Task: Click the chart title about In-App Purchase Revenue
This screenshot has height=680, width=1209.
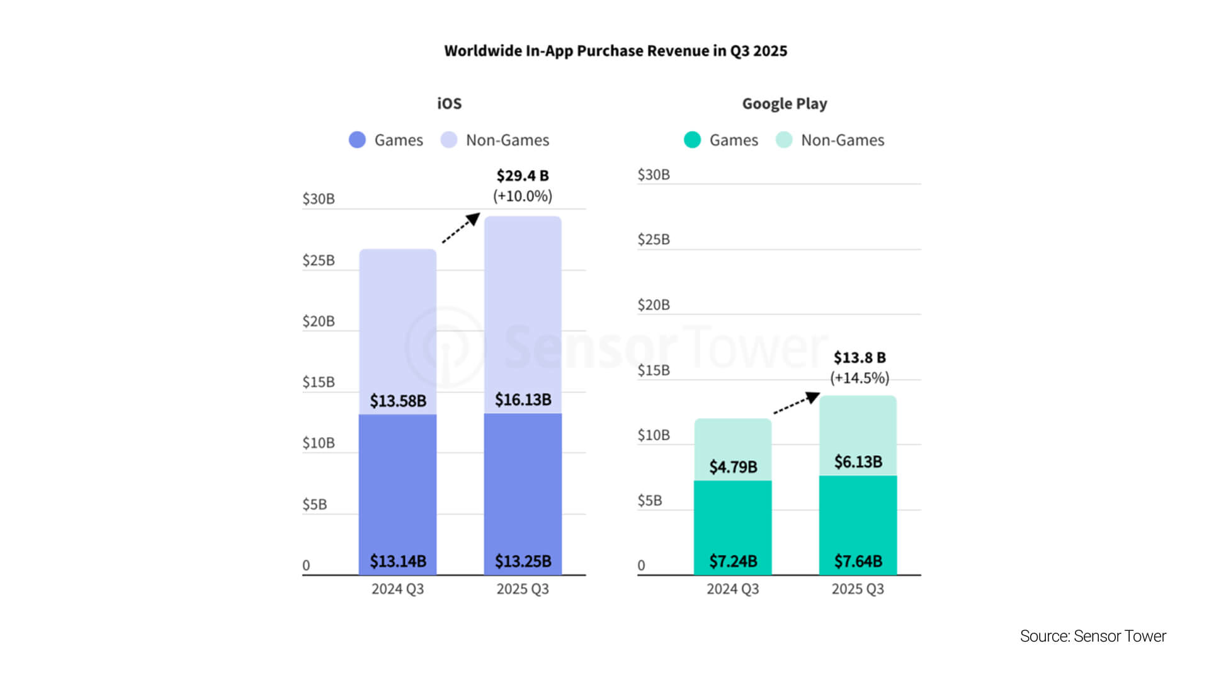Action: pyautogui.click(x=615, y=51)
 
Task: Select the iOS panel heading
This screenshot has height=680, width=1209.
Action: pyautogui.click(x=449, y=104)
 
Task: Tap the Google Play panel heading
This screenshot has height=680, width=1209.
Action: pyautogui.click(x=784, y=104)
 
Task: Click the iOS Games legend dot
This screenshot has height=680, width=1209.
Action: pyautogui.click(x=357, y=140)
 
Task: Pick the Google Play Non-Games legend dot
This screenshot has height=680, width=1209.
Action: pyautogui.click(x=784, y=140)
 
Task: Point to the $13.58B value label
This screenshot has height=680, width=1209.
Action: pyautogui.click(x=397, y=401)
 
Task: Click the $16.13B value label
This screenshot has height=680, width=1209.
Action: pyautogui.click(x=523, y=400)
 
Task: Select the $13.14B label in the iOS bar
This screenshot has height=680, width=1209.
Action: pyautogui.click(x=397, y=561)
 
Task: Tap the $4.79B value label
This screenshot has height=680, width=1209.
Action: pyautogui.click(x=733, y=467)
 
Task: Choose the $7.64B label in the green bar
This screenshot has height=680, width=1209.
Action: pyautogui.click(x=858, y=561)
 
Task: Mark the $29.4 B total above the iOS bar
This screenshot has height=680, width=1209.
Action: pyautogui.click(x=522, y=176)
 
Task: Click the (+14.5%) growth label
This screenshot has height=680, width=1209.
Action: pyautogui.click(x=860, y=378)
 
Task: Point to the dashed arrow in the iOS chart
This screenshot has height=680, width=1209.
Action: pyautogui.click(x=460, y=228)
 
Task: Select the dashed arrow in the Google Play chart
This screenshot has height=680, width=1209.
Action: pyautogui.click(x=796, y=403)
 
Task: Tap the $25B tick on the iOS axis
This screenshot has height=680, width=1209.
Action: pyautogui.click(x=319, y=261)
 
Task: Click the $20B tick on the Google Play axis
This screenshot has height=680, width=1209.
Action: pyautogui.click(x=654, y=305)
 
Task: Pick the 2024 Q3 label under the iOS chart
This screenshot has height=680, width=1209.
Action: pyautogui.click(x=397, y=589)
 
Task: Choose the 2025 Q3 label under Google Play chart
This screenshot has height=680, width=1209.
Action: pyautogui.click(x=858, y=589)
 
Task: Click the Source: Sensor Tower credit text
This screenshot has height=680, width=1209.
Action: pyautogui.click(x=1093, y=637)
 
